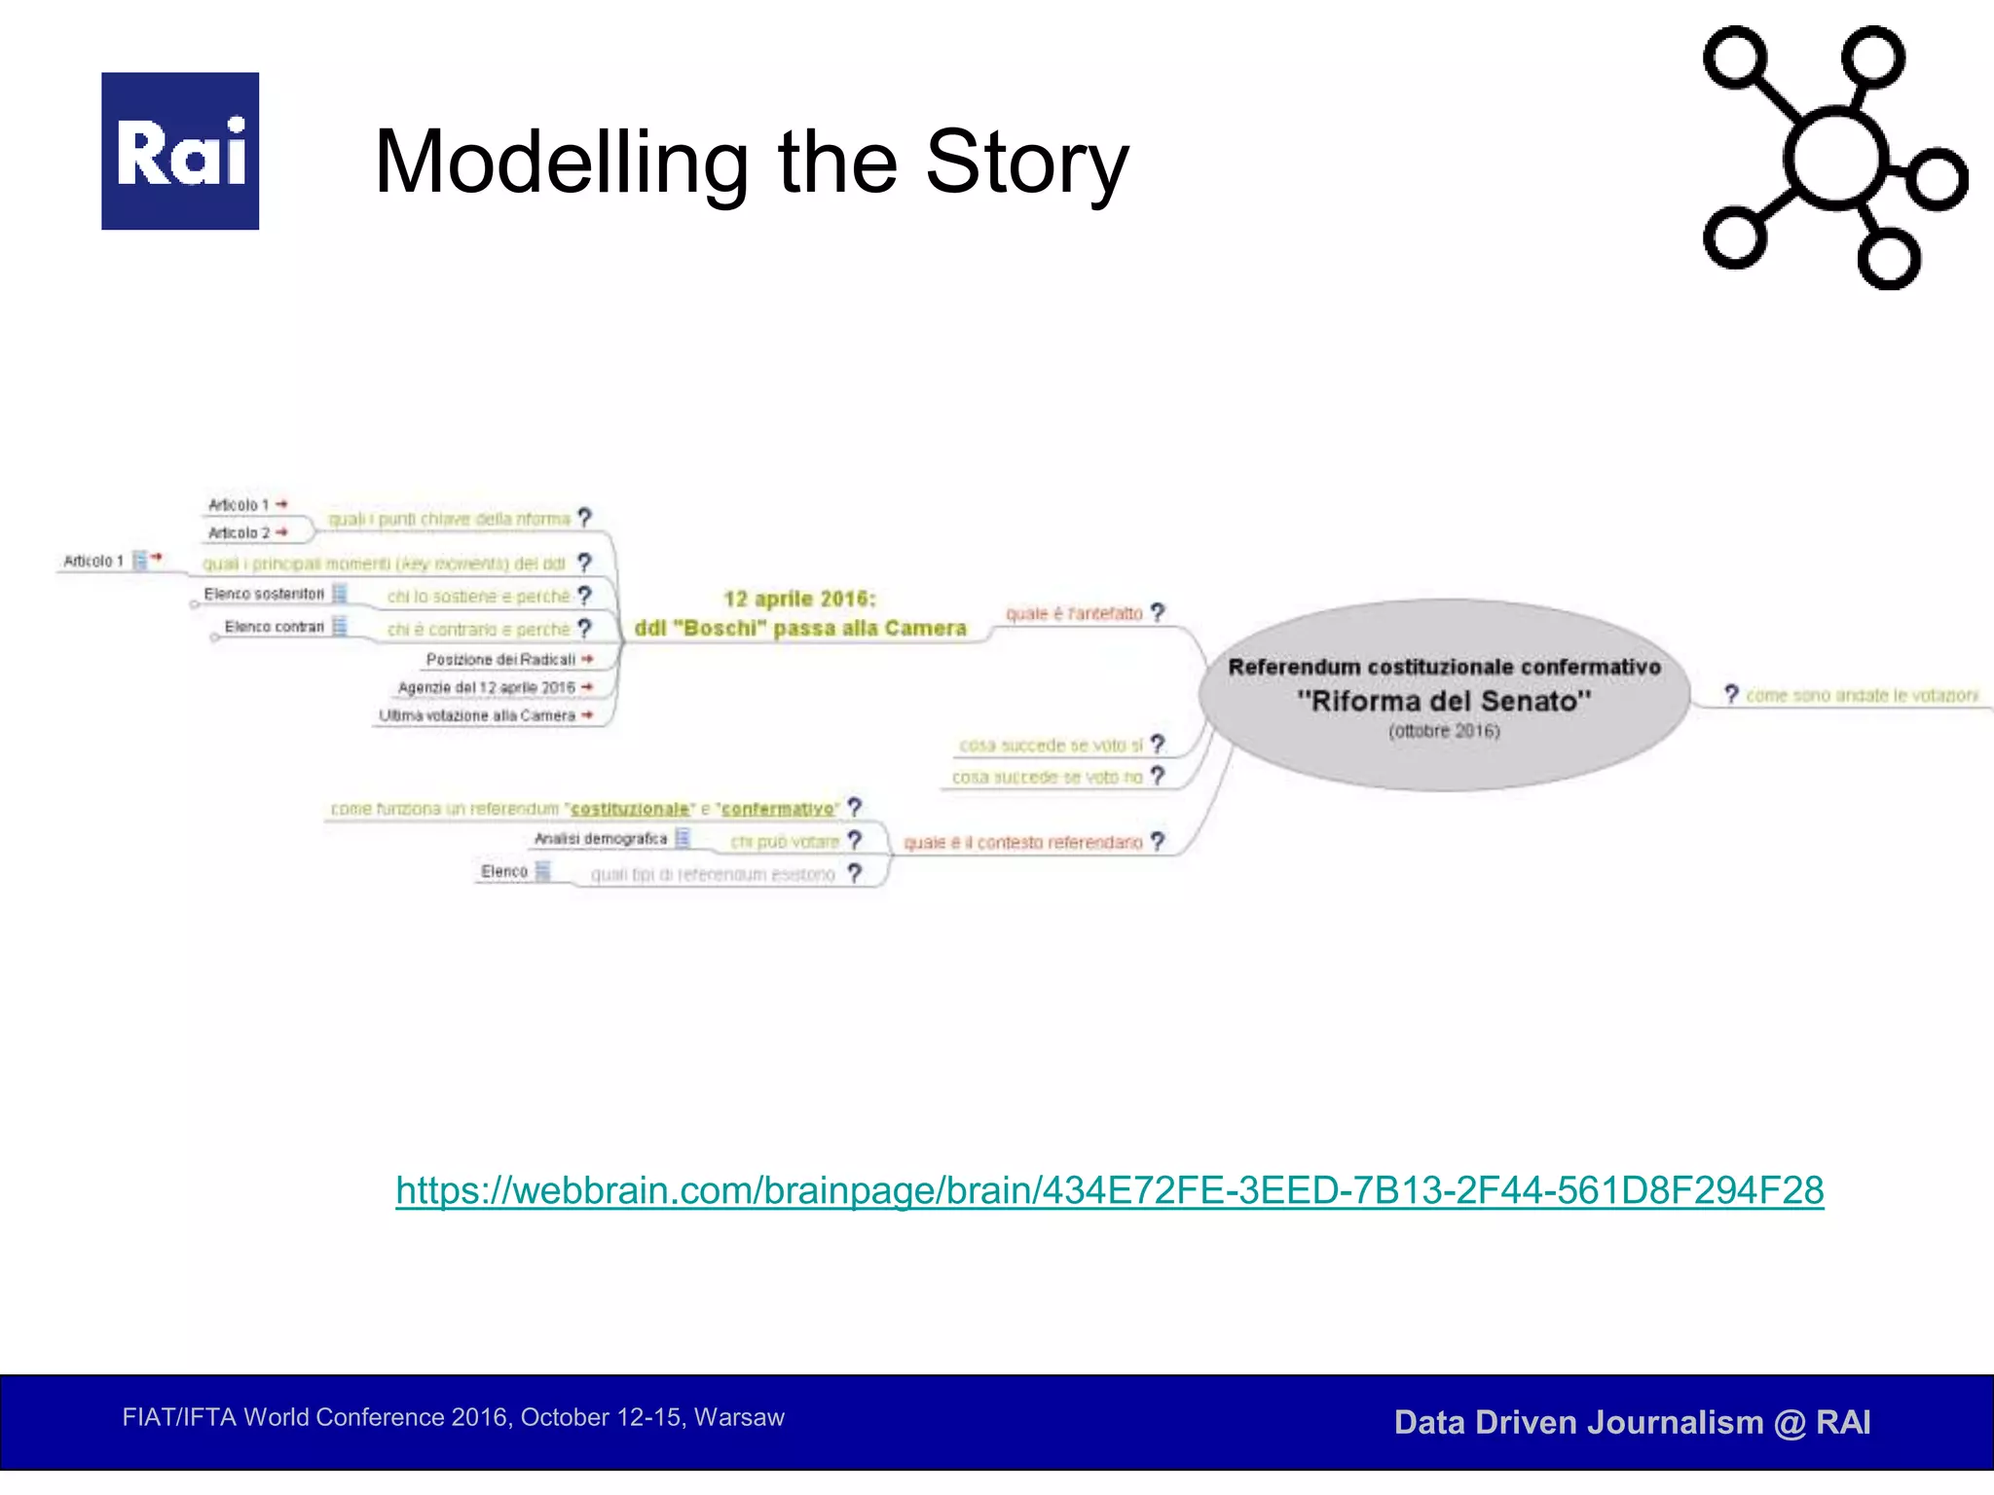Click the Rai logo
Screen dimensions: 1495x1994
tap(180, 151)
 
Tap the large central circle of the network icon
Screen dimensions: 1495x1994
tap(1835, 159)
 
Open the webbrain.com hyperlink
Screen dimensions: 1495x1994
tap(1109, 1190)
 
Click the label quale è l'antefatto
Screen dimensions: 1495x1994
tap(1074, 614)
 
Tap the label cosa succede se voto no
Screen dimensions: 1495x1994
tap(1047, 778)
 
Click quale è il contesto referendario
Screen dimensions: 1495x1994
tap(1022, 843)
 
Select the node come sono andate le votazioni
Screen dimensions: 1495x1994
tap(1861, 696)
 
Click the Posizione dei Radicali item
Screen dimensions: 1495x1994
tap(500, 660)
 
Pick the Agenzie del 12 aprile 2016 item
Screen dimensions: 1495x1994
tap(486, 688)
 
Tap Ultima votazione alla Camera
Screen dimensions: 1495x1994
tap(477, 716)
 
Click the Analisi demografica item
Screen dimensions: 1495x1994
tap(601, 839)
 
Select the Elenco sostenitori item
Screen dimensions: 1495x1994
tap(264, 595)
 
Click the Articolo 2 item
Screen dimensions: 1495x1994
tap(239, 533)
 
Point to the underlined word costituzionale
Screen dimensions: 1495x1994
tap(630, 810)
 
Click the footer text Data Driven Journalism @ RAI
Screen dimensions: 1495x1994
tap(1632, 1423)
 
